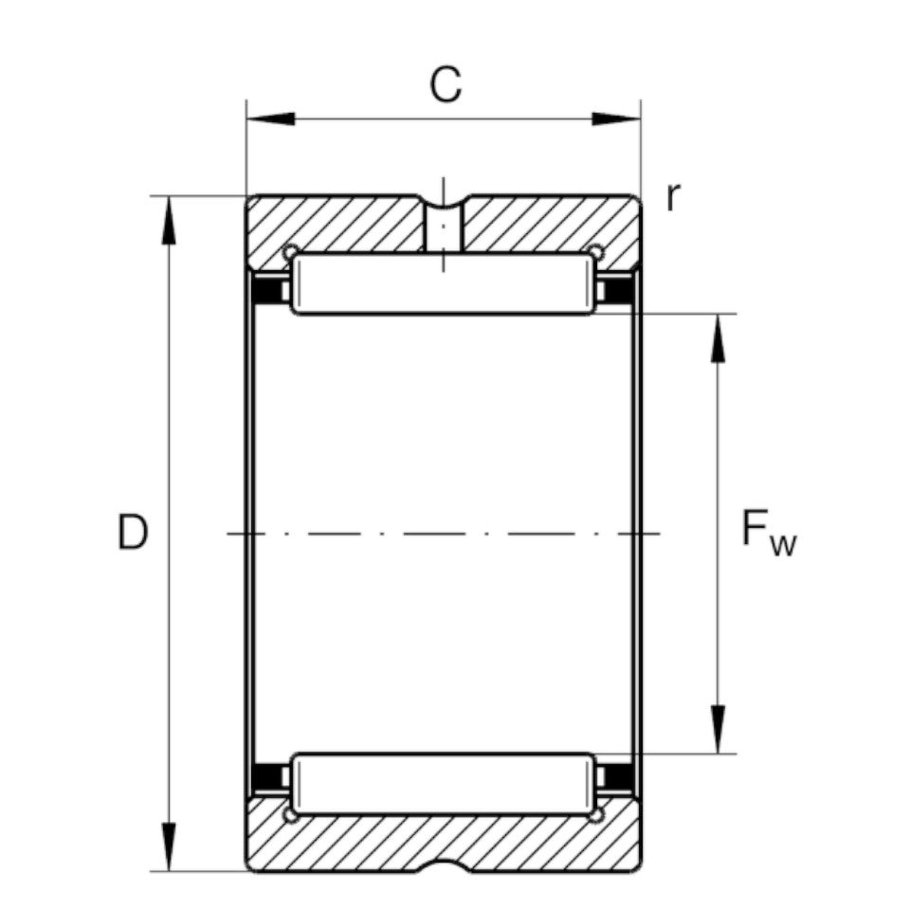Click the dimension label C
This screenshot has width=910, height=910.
pos(445,84)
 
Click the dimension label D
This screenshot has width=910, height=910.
pos(133,533)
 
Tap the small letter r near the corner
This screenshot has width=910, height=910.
pos(672,197)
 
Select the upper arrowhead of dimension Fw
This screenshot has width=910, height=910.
pos(718,337)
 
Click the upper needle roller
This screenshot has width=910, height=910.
pos(444,284)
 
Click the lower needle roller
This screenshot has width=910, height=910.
pos(444,783)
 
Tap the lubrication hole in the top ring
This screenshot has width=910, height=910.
pos(443,227)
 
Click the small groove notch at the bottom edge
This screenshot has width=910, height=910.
pos(443,866)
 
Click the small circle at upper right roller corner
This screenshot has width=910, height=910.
pos(595,251)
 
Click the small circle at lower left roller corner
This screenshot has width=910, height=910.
pos(291,815)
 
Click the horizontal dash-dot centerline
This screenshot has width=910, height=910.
pos(443,534)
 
